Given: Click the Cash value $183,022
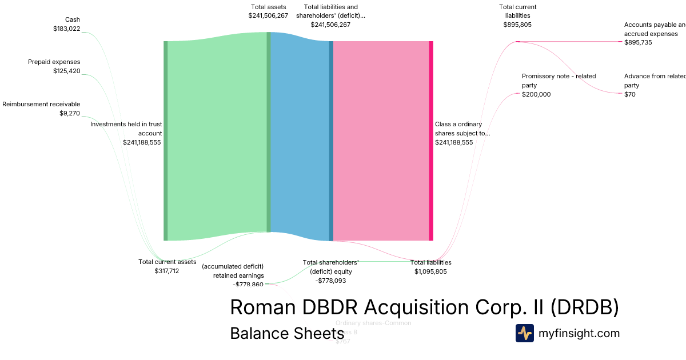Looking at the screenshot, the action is pos(66,29).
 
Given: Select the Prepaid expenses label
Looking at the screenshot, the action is pos(54,62).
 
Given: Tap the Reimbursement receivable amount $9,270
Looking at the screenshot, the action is pos(70,113).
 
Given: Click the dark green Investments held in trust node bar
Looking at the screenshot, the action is pos(166,141).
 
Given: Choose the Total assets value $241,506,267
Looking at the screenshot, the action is pos(268,16).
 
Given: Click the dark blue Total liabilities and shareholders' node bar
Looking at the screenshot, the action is pos(331,141).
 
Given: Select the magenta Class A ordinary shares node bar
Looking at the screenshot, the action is pos(431,141).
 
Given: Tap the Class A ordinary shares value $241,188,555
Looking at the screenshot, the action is pos(454,143).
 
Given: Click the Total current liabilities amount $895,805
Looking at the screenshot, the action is pos(517,25).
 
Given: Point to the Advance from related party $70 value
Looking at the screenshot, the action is pos(629,95).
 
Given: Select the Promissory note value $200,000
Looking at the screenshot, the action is pos(536,95).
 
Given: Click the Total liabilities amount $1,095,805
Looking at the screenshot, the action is pos(430,271).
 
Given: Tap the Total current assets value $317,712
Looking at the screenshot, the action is pos(167,271).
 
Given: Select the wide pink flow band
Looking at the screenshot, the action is pos(381,141).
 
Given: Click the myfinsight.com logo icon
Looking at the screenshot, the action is pos(525,333).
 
